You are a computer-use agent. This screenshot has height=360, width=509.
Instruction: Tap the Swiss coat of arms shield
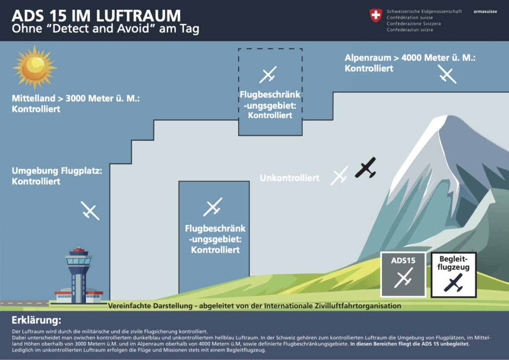click(x=376, y=16)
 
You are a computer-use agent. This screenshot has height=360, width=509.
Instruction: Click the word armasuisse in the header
click(x=485, y=11)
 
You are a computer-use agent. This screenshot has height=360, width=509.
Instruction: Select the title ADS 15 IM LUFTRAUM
click(x=96, y=15)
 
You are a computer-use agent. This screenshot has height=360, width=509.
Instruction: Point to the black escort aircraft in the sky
click(x=366, y=168)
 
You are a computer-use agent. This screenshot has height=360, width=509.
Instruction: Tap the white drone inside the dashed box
click(x=268, y=75)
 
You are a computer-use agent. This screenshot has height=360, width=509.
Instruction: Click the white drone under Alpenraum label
click(x=447, y=74)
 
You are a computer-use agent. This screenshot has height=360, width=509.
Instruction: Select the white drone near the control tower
click(x=90, y=210)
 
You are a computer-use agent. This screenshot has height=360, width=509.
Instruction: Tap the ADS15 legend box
click(x=403, y=274)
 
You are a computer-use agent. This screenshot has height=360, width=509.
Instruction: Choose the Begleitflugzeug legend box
click(x=453, y=274)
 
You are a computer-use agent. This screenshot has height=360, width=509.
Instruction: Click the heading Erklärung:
click(x=37, y=319)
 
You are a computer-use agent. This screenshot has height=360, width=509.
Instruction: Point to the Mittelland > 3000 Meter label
click(x=76, y=103)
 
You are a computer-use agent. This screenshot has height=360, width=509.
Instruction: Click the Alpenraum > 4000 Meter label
click(x=410, y=63)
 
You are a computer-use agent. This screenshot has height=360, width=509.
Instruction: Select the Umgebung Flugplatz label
click(x=57, y=176)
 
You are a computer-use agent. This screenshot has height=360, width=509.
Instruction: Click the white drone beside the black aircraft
click(x=339, y=176)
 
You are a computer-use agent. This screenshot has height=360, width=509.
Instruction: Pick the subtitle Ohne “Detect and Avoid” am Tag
click(x=105, y=29)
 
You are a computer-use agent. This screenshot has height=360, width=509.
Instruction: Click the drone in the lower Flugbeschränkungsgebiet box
click(x=213, y=207)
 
